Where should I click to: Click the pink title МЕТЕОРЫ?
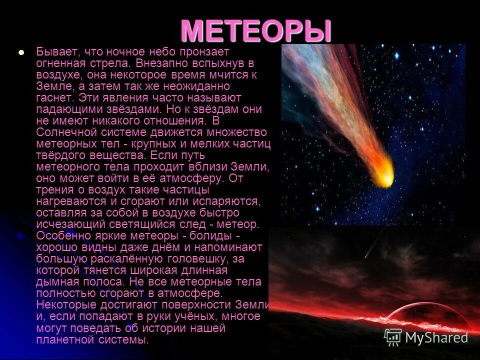[x=255, y=31]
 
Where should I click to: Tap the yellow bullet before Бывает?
[x=21, y=52]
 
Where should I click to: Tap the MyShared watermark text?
[x=436, y=337]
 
